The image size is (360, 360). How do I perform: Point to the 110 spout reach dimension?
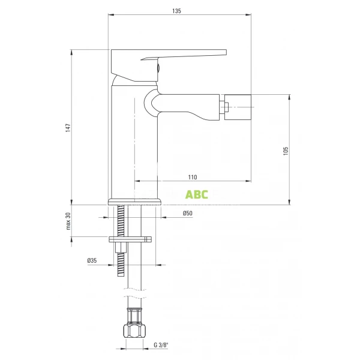(x=193, y=177)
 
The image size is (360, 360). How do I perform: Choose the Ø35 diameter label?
(x=92, y=260)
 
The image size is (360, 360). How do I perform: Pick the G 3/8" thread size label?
(x=161, y=345)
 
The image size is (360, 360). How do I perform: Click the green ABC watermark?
(x=197, y=194)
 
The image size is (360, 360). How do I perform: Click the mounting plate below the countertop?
(x=130, y=239)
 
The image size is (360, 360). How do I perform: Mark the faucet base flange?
(x=135, y=201)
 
